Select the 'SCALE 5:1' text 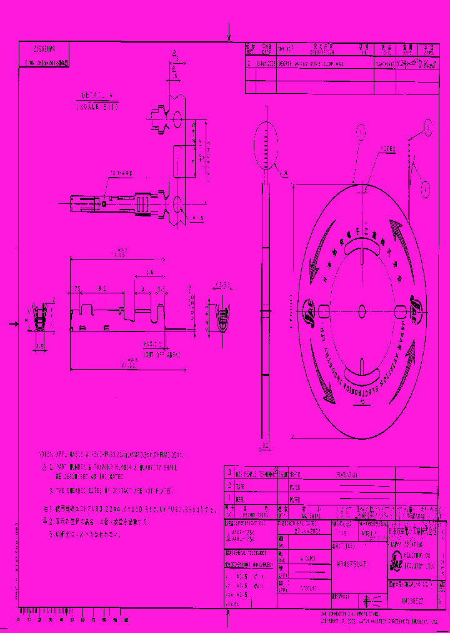(x=97, y=107)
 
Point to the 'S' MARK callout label (x=121, y=173)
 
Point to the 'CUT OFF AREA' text (x=161, y=355)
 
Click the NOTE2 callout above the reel (x=372, y=150)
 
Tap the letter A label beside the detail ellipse (x=286, y=173)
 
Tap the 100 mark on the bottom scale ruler (x=126, y=619)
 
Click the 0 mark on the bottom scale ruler (x=19, y=619)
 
